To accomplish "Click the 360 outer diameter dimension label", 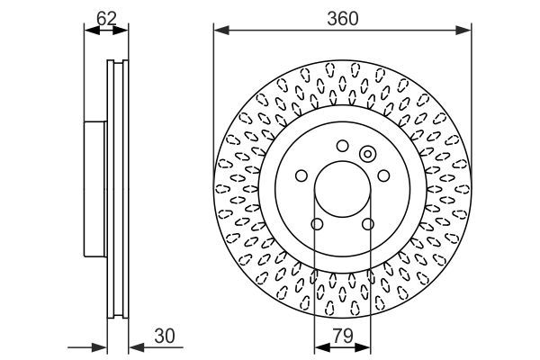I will point(342,17).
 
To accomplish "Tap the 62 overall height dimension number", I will point(106,17).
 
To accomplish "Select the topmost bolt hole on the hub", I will point(342,146).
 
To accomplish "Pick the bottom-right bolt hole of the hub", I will point(367,224).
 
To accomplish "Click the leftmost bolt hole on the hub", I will point(301,176).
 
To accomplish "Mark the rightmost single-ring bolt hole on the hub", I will point(382,176).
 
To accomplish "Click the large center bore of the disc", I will point(342,192).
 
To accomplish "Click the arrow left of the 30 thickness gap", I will point(101,347).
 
